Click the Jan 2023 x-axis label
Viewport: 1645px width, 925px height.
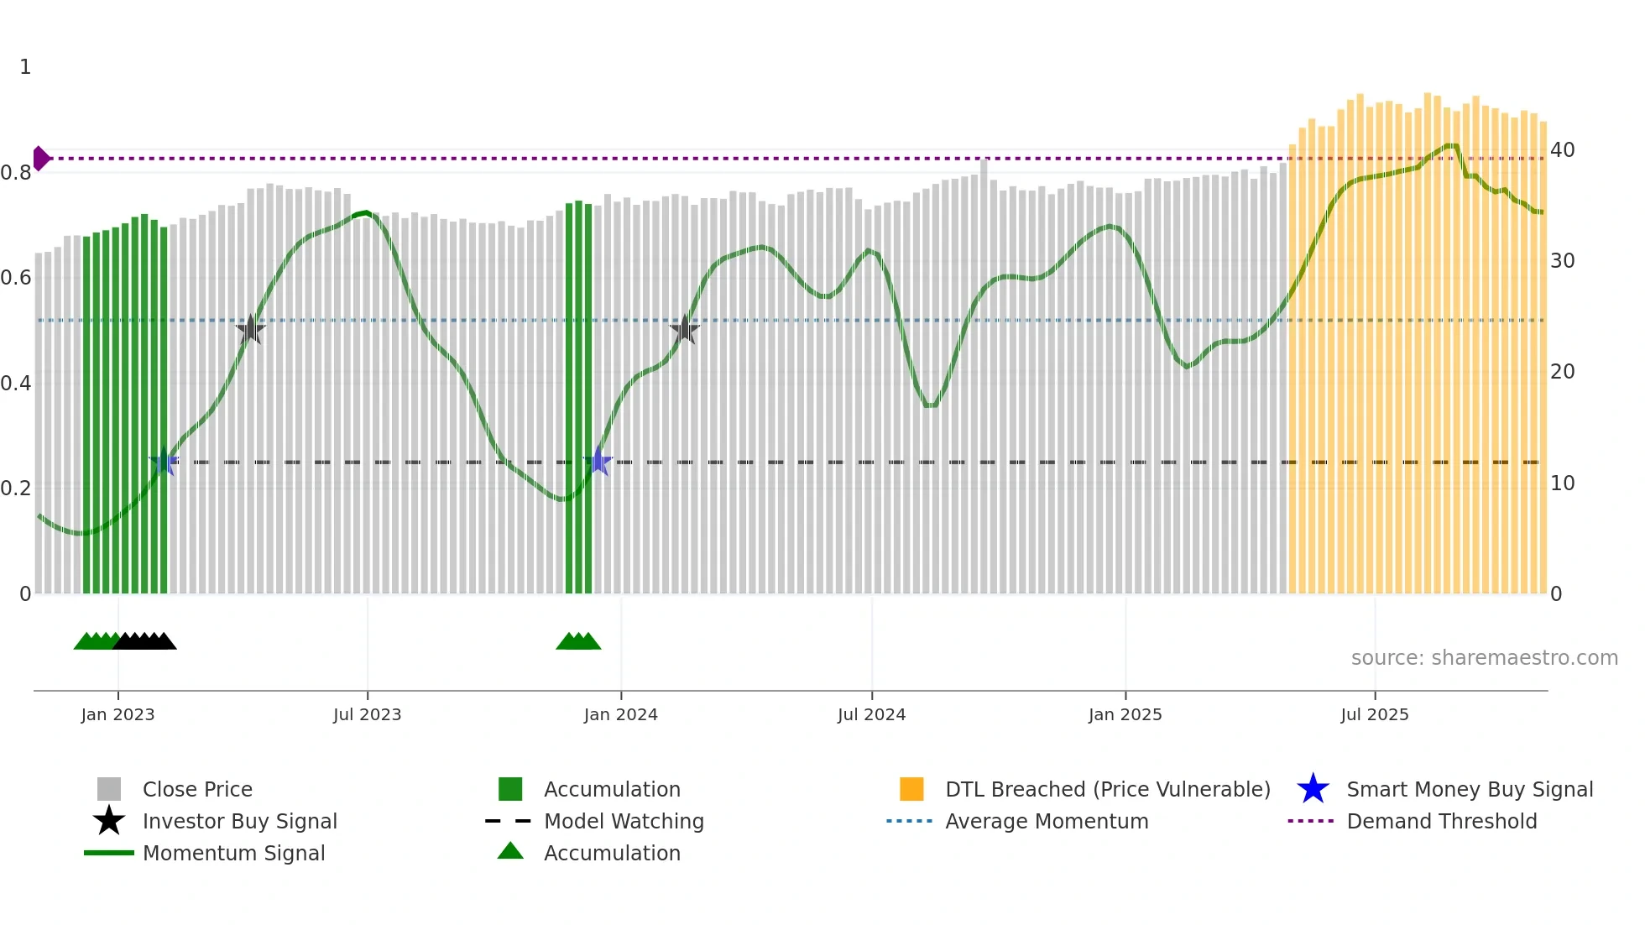click(x=117, y=714)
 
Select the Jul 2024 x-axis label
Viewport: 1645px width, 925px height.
click(x=871, y=714)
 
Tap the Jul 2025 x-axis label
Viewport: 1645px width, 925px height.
click(x=1374, y=714)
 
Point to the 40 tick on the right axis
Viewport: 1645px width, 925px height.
click(x=1562, y=150)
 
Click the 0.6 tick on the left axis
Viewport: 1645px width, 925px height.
click(x=16, y=278)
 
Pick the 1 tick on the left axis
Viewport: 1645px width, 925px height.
click(x=25, y=67)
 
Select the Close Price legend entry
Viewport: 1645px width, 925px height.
click(x=197, y=789)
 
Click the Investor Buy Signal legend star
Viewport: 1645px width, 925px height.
click(x=109, y=821)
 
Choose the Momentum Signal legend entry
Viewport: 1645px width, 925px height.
click(x=233, y=853)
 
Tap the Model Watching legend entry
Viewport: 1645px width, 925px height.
click(x=623, y=821)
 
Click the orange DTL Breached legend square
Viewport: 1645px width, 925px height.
click(x=911, y=789)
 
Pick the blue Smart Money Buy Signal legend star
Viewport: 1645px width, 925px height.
click(x=1313, y=789)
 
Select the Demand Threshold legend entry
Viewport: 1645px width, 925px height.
click(x=1441, y=821)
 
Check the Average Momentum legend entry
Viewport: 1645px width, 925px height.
click(x=1046, y=821)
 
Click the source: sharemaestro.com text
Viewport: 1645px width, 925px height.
click(x=1484, y=658)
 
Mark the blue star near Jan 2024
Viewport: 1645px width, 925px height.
click(x=598, y=462)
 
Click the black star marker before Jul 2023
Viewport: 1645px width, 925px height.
click(x=250, y=330)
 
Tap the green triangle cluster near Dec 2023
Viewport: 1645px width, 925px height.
click(x=578, y=641)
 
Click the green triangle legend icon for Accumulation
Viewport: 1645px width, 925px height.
click(x=510, y=851)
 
